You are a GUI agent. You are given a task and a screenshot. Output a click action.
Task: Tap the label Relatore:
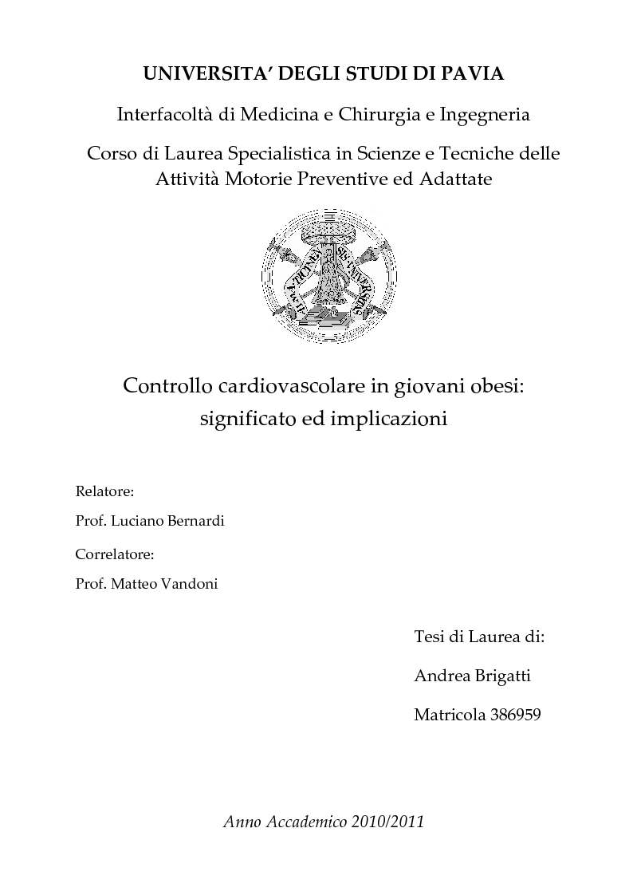104,490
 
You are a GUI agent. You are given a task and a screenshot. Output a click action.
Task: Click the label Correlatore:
114,553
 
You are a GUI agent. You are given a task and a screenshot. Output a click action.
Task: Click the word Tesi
431,637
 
